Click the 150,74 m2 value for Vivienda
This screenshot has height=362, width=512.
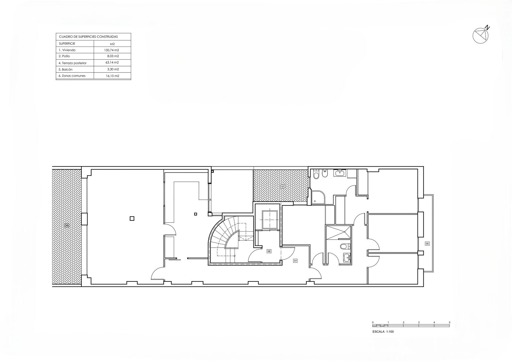111,50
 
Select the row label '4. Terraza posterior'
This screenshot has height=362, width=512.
73,63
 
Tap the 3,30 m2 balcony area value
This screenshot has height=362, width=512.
113,69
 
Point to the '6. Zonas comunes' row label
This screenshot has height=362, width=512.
72,76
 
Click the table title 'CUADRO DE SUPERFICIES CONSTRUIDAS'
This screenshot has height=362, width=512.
88,37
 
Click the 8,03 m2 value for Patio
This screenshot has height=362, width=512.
113,56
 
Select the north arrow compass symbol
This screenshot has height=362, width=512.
481,35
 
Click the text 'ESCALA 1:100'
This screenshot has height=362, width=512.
383,332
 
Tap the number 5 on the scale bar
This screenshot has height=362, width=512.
450,323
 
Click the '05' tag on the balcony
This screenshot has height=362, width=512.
427,244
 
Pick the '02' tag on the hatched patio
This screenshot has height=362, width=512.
283,187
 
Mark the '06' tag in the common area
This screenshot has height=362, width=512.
269,251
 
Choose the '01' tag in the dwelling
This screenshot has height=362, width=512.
295,261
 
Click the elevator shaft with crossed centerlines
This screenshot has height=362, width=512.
270,220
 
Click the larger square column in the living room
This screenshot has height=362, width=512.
132,219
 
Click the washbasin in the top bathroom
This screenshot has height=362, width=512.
340,173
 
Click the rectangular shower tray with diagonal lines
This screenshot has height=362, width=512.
338,232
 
